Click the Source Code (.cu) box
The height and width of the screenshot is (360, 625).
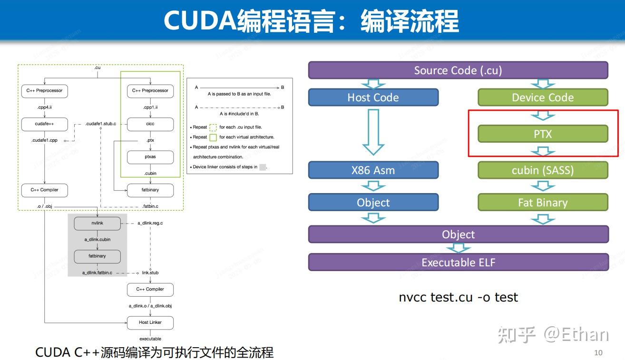pyautogui.click(x=458, y=70)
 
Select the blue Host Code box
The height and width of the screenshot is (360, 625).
pyautogui.click(x=373, y=97)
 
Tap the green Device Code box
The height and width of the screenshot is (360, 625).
pyautogui.click(x=543, y=97)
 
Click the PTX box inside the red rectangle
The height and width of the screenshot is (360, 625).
pyautogui.click(x=543, y=134)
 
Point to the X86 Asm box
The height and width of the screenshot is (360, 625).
pyautogui.click(x=373, y=170)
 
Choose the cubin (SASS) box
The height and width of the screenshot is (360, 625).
pyautogui.click(x=543, y=170)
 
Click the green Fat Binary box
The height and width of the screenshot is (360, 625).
pyautogui.click(x=543, y=203)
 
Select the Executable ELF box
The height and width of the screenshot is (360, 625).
pyautogui.click(x=458, y=262)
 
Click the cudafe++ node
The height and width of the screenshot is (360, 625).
pyautogui.click(x=44, y=124)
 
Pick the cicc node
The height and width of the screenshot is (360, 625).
pyautogui.click(x=150, y=124)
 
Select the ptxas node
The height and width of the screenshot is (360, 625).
pyautogui.click(x=150, y=157)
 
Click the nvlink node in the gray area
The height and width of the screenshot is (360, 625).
pyautogui.click(x=97, y=223)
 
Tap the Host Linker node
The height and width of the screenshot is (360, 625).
pyautogui.click(x=150, y=322)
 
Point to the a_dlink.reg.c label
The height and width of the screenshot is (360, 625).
pyautogui.click(x=150, y=223)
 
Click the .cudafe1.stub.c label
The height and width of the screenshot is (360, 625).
pyautogui.click(x=100, y=124)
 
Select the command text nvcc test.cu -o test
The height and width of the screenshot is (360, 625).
pyautogui.click(x=458, y=297)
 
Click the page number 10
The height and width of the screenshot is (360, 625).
pyautogui.click(x=598, y=352)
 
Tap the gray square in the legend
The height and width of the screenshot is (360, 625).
pyautogui.click(x=263, y=167)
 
